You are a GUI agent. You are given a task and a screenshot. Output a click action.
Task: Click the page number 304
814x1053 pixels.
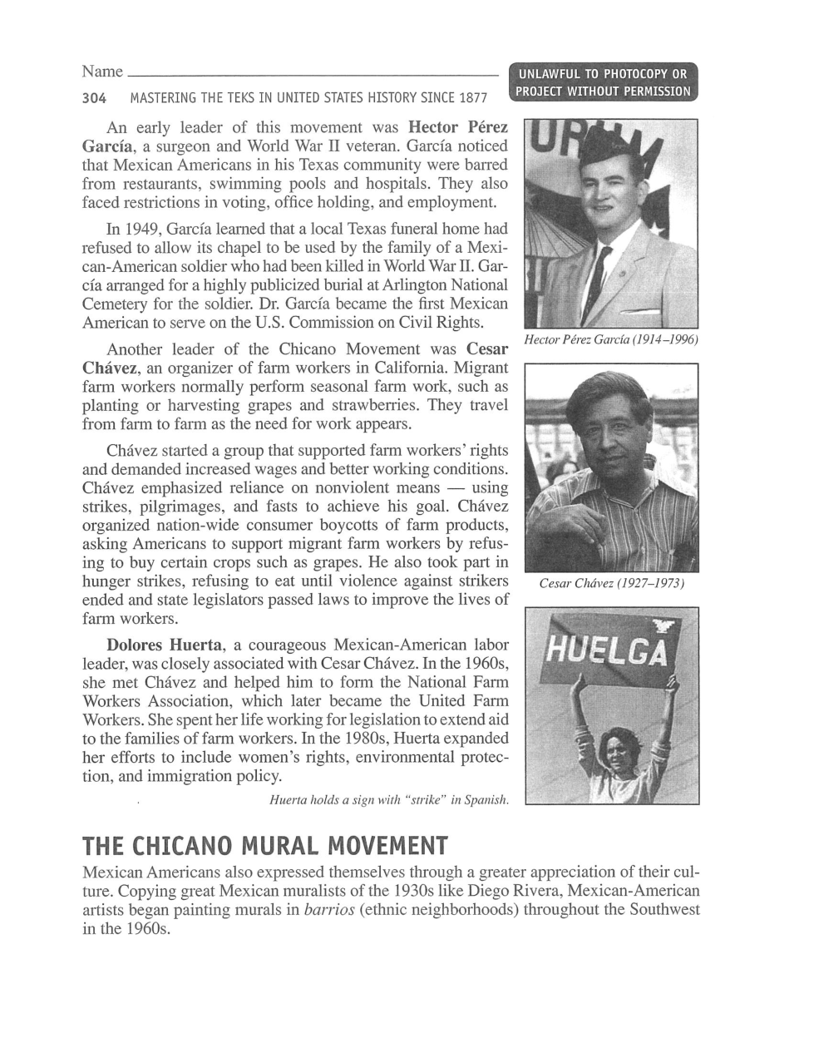pos(95,98)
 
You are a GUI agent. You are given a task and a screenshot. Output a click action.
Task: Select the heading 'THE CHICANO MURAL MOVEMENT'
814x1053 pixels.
pos(265,846)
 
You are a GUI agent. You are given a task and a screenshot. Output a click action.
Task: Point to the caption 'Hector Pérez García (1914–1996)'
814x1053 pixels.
pos(610,339)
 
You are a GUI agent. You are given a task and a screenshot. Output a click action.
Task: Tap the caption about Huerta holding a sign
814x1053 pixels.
pos(388,800)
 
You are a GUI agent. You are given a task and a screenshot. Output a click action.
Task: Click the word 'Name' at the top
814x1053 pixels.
pos(102,72)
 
